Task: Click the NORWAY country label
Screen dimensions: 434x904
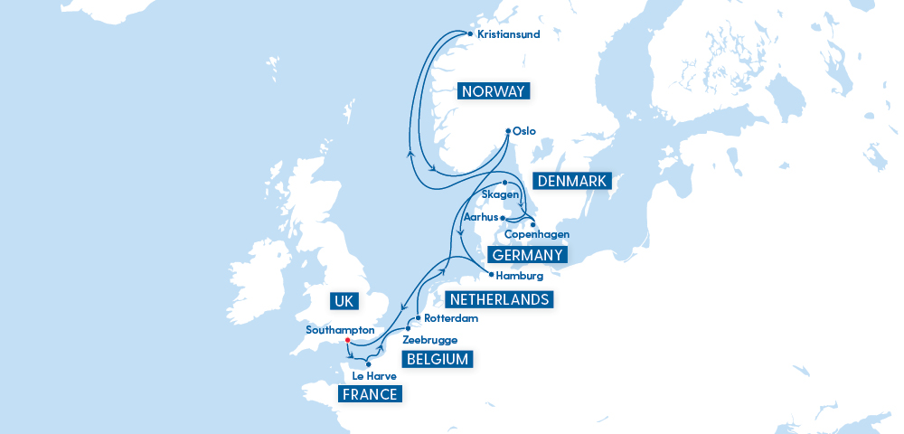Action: pos(493,91)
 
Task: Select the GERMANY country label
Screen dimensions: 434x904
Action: pos(527,255)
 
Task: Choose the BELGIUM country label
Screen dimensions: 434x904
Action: pos(438,359)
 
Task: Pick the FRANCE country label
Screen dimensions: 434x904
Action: pos(369,394)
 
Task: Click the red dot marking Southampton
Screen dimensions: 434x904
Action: pos(347,342)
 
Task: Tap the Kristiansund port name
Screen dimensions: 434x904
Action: pos(508,34)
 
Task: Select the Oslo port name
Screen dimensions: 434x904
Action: pos(524,131)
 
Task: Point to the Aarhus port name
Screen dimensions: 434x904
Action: pos(480,218)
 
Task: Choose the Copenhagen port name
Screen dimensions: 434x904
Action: pos(537,234)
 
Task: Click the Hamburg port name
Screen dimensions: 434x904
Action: pos(520,276)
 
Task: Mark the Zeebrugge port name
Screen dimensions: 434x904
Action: pos(429,340)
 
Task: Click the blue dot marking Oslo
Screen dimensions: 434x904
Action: pos(507,130)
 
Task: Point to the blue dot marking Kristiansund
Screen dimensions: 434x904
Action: pos(470,33)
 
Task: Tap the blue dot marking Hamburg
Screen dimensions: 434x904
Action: pos(491,274)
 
